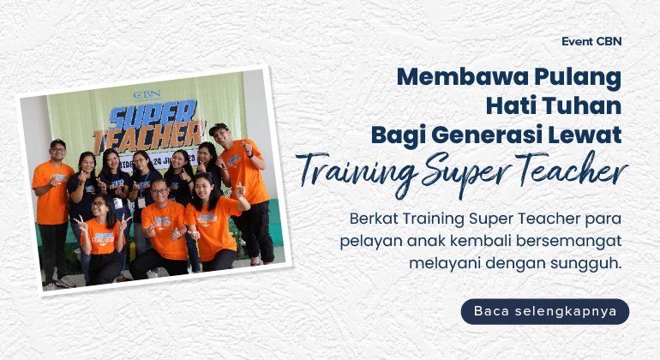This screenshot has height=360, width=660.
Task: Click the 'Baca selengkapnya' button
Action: [x=545, y=312]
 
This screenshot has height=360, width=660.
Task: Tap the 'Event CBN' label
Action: [x=591, y=42]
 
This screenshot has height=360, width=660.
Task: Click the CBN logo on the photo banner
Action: [x=147, y=95]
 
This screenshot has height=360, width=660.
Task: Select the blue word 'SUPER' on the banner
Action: [x=153, y=114]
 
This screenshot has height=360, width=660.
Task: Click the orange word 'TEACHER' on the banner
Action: [x=148, y=135]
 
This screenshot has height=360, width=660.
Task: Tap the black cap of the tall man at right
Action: [x=219, y=128]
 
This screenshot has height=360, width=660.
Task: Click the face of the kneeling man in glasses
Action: [x=159, y=192]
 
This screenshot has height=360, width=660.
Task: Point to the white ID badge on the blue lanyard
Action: [x=141, y=202]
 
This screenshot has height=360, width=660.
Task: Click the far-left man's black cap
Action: [x=57, y=143]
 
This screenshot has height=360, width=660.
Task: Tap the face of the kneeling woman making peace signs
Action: [x=98, y=207]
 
